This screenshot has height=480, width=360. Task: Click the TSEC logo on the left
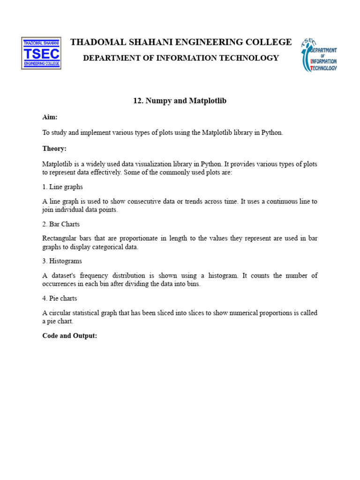(41, 53)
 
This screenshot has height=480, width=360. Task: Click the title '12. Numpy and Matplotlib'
(180, 101)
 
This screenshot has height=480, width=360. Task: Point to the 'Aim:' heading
(50, 118)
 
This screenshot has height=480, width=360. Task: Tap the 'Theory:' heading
(54, 149)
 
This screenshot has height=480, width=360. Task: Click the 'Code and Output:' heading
(70, 336)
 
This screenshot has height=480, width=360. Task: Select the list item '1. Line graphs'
(62, 187)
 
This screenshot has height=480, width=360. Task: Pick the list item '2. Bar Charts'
(61, 224)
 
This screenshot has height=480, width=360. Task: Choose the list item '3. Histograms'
(62, 261)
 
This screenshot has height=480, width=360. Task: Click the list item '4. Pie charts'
(60, 298)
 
